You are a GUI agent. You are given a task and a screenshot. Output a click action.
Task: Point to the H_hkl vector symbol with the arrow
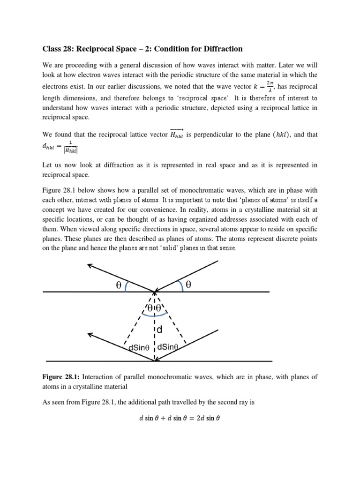point(176,135)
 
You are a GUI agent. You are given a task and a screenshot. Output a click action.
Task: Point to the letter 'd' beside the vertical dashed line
point(159,330)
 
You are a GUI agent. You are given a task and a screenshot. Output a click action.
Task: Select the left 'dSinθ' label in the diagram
point(136,348)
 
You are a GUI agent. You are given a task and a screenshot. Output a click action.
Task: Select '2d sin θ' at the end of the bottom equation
point(206,419)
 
